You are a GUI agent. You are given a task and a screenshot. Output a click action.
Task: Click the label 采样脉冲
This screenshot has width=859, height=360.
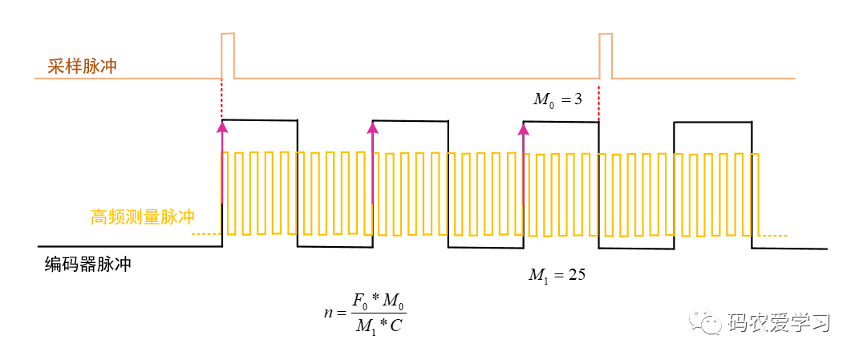pos(82,66)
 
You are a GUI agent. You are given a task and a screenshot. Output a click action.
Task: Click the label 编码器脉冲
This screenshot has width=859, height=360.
pos(87,265)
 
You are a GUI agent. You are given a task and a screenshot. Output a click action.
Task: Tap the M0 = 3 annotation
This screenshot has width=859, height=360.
pos(557,99)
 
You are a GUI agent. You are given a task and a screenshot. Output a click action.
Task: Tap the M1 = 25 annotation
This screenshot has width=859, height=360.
pos(557,275)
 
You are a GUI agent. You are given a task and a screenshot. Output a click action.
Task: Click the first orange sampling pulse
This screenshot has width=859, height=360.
pos(228,55)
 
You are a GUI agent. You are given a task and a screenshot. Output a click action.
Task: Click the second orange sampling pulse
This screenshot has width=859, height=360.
pos(606,55)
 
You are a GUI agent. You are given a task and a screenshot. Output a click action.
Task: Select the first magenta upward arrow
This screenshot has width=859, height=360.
pos(221,160)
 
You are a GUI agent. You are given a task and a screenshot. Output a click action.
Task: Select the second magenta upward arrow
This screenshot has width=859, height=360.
pos(372,160)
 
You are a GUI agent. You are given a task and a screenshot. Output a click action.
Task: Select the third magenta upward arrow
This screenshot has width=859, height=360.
pos(523,160)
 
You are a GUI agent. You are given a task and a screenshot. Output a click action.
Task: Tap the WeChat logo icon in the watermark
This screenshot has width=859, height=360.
pos(709,322)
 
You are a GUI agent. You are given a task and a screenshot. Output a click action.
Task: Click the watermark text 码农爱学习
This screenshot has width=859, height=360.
pos(777,322)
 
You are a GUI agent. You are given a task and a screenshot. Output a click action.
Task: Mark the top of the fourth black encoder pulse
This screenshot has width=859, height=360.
pos(712,122)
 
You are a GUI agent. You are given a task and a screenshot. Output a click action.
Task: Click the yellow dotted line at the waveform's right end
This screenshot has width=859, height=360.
pos(775,235)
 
